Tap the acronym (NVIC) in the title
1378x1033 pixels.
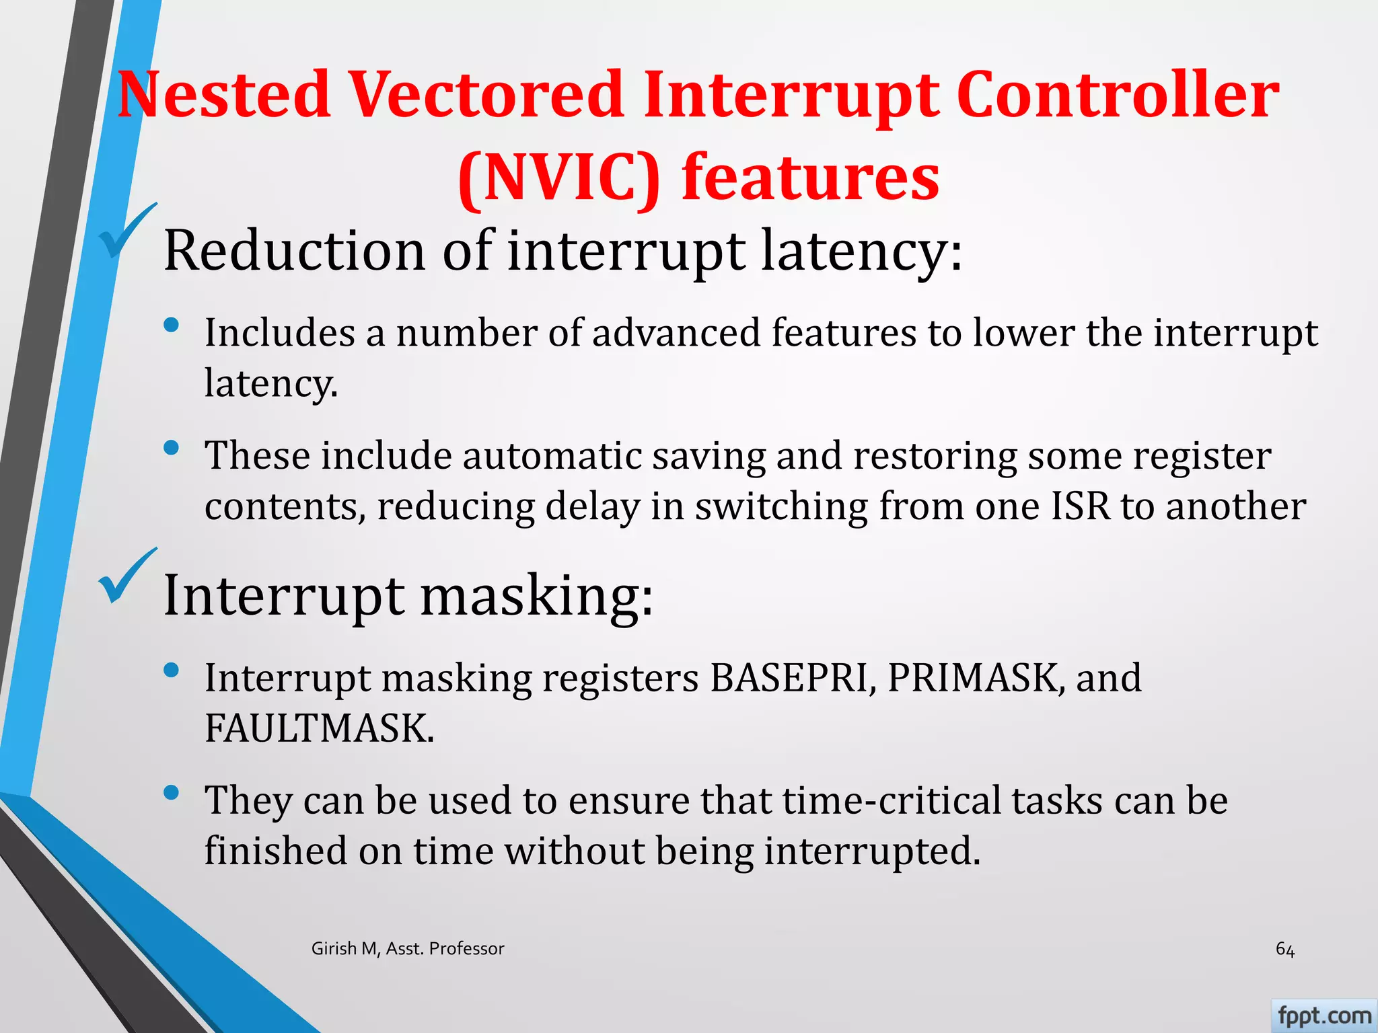558,177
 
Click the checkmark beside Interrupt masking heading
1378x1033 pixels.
126,577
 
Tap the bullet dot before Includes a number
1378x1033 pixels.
172,326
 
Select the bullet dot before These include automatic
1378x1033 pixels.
172,448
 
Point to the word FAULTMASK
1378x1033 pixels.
319,728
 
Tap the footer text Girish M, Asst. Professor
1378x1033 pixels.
408,949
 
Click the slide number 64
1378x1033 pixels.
1284,950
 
